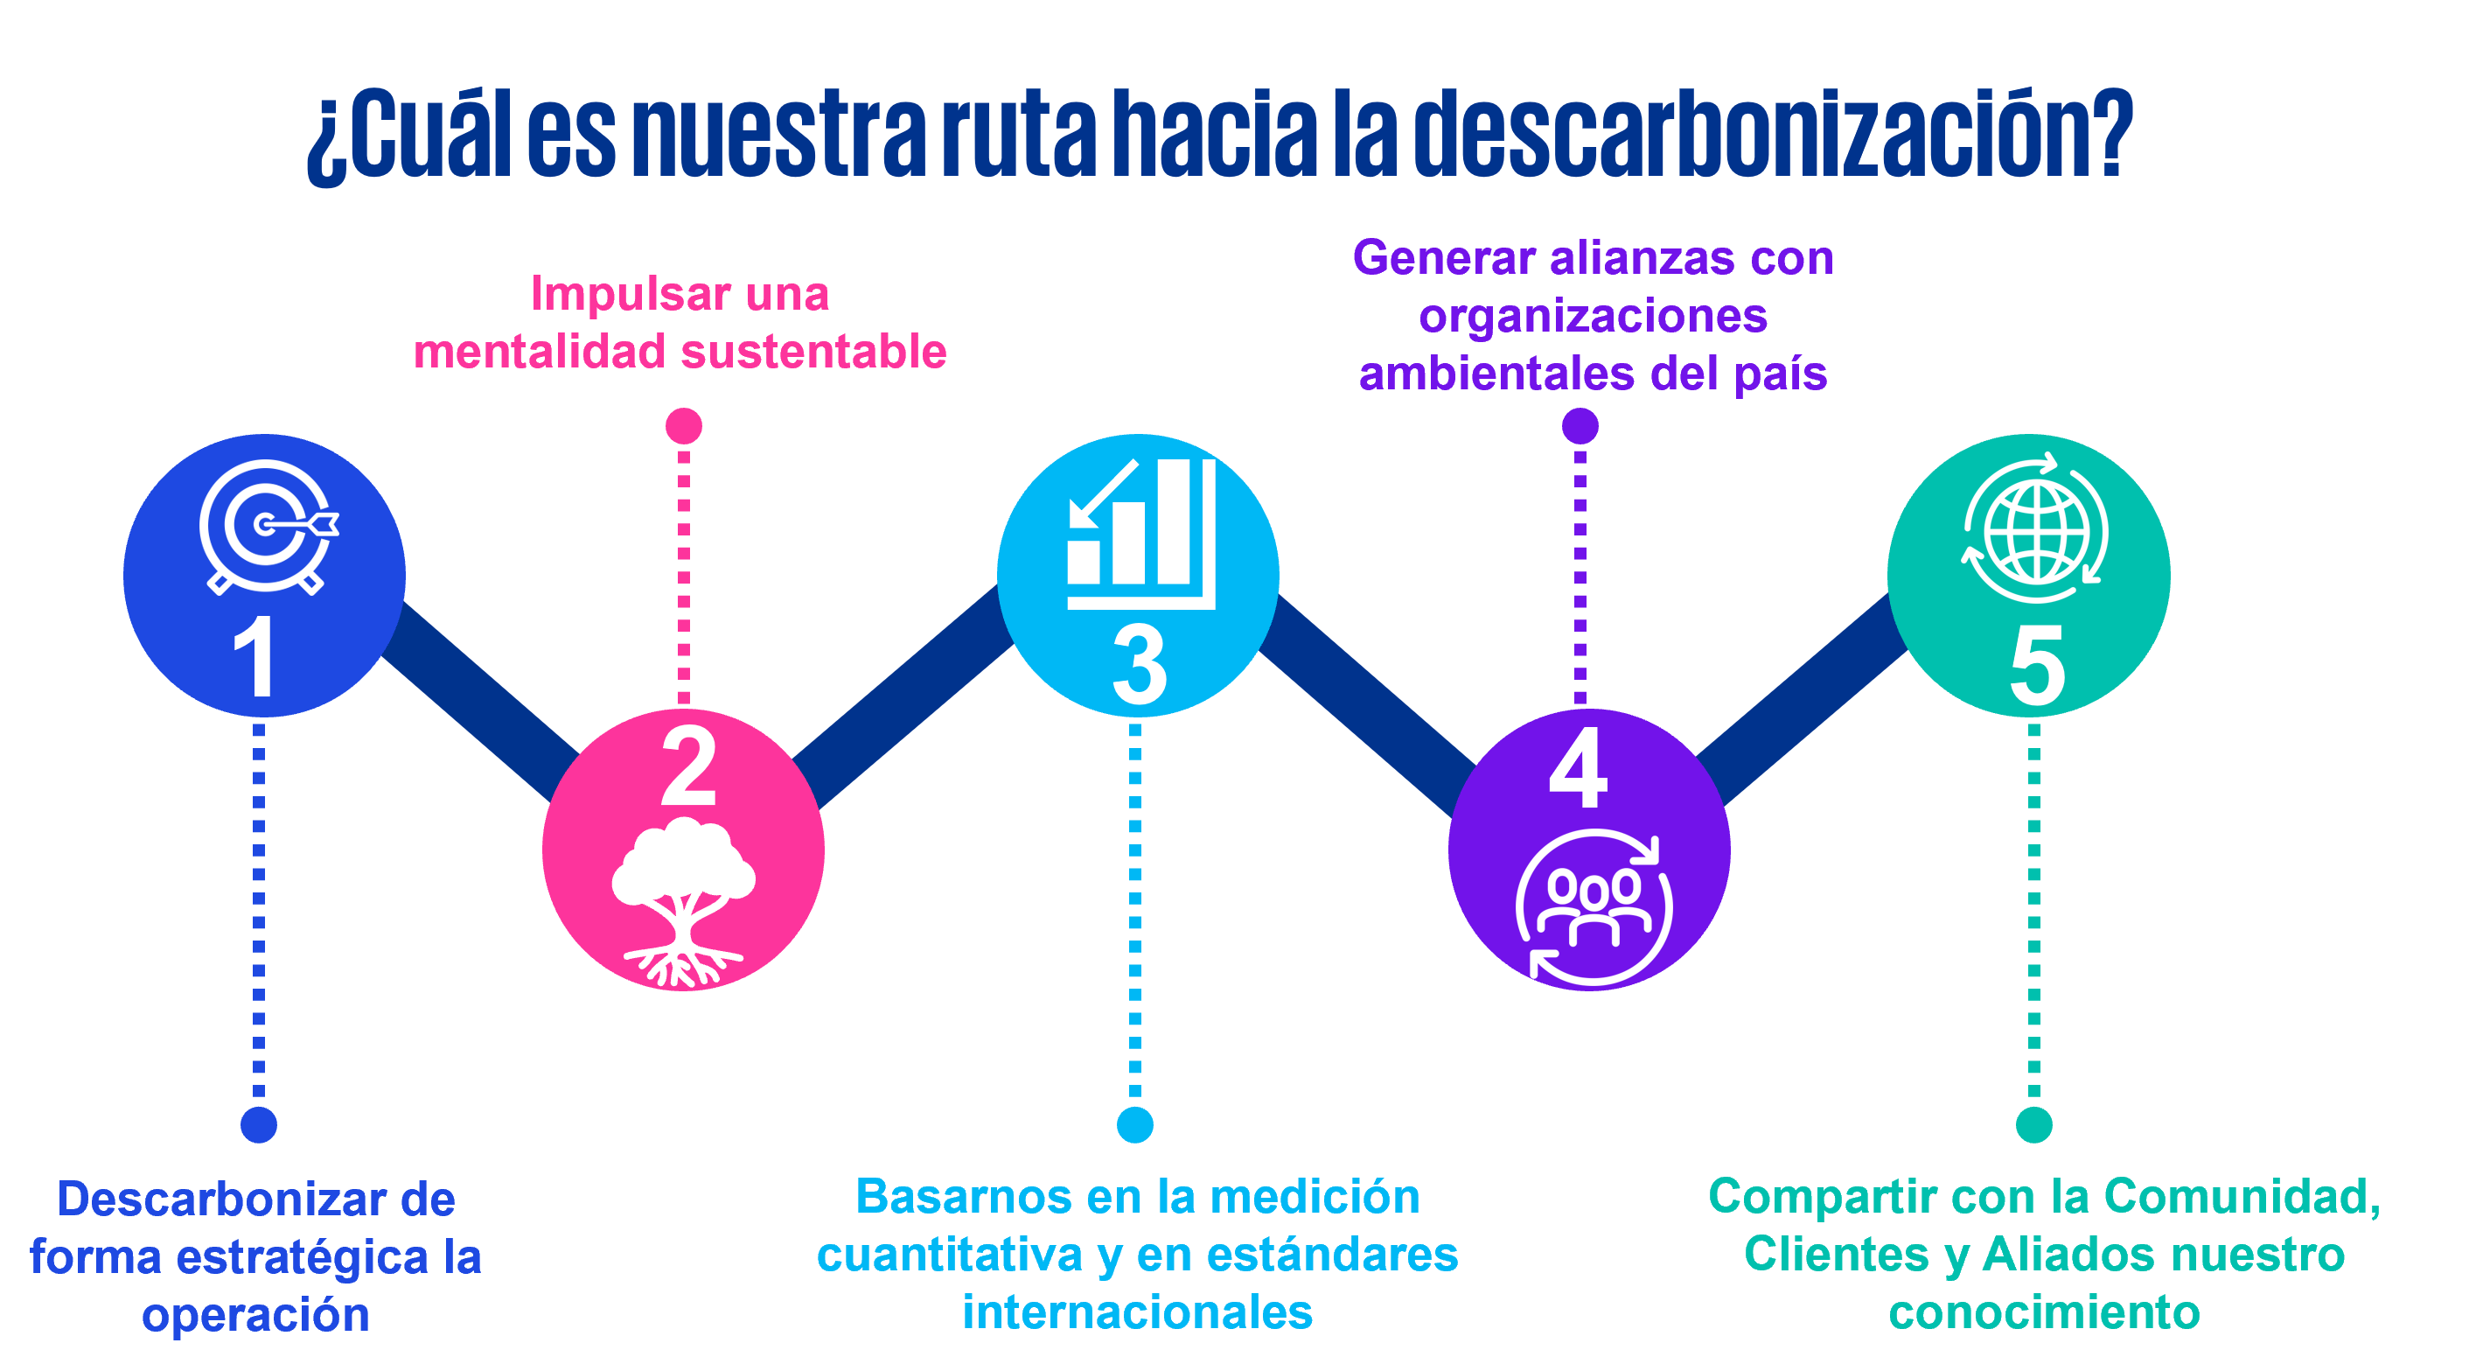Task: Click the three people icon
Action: click(1593, 908)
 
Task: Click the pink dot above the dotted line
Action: click(683, 425)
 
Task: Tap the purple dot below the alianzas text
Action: click(1580, 425)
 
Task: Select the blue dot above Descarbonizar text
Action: click(259, 1124)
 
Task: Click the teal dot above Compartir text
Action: click(2033, 1124)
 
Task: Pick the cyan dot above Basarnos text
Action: click(1135, 1124)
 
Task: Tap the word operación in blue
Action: click(255, 1315)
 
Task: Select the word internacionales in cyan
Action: click(1137, 1312)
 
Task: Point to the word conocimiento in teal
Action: click(2045, 1312)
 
